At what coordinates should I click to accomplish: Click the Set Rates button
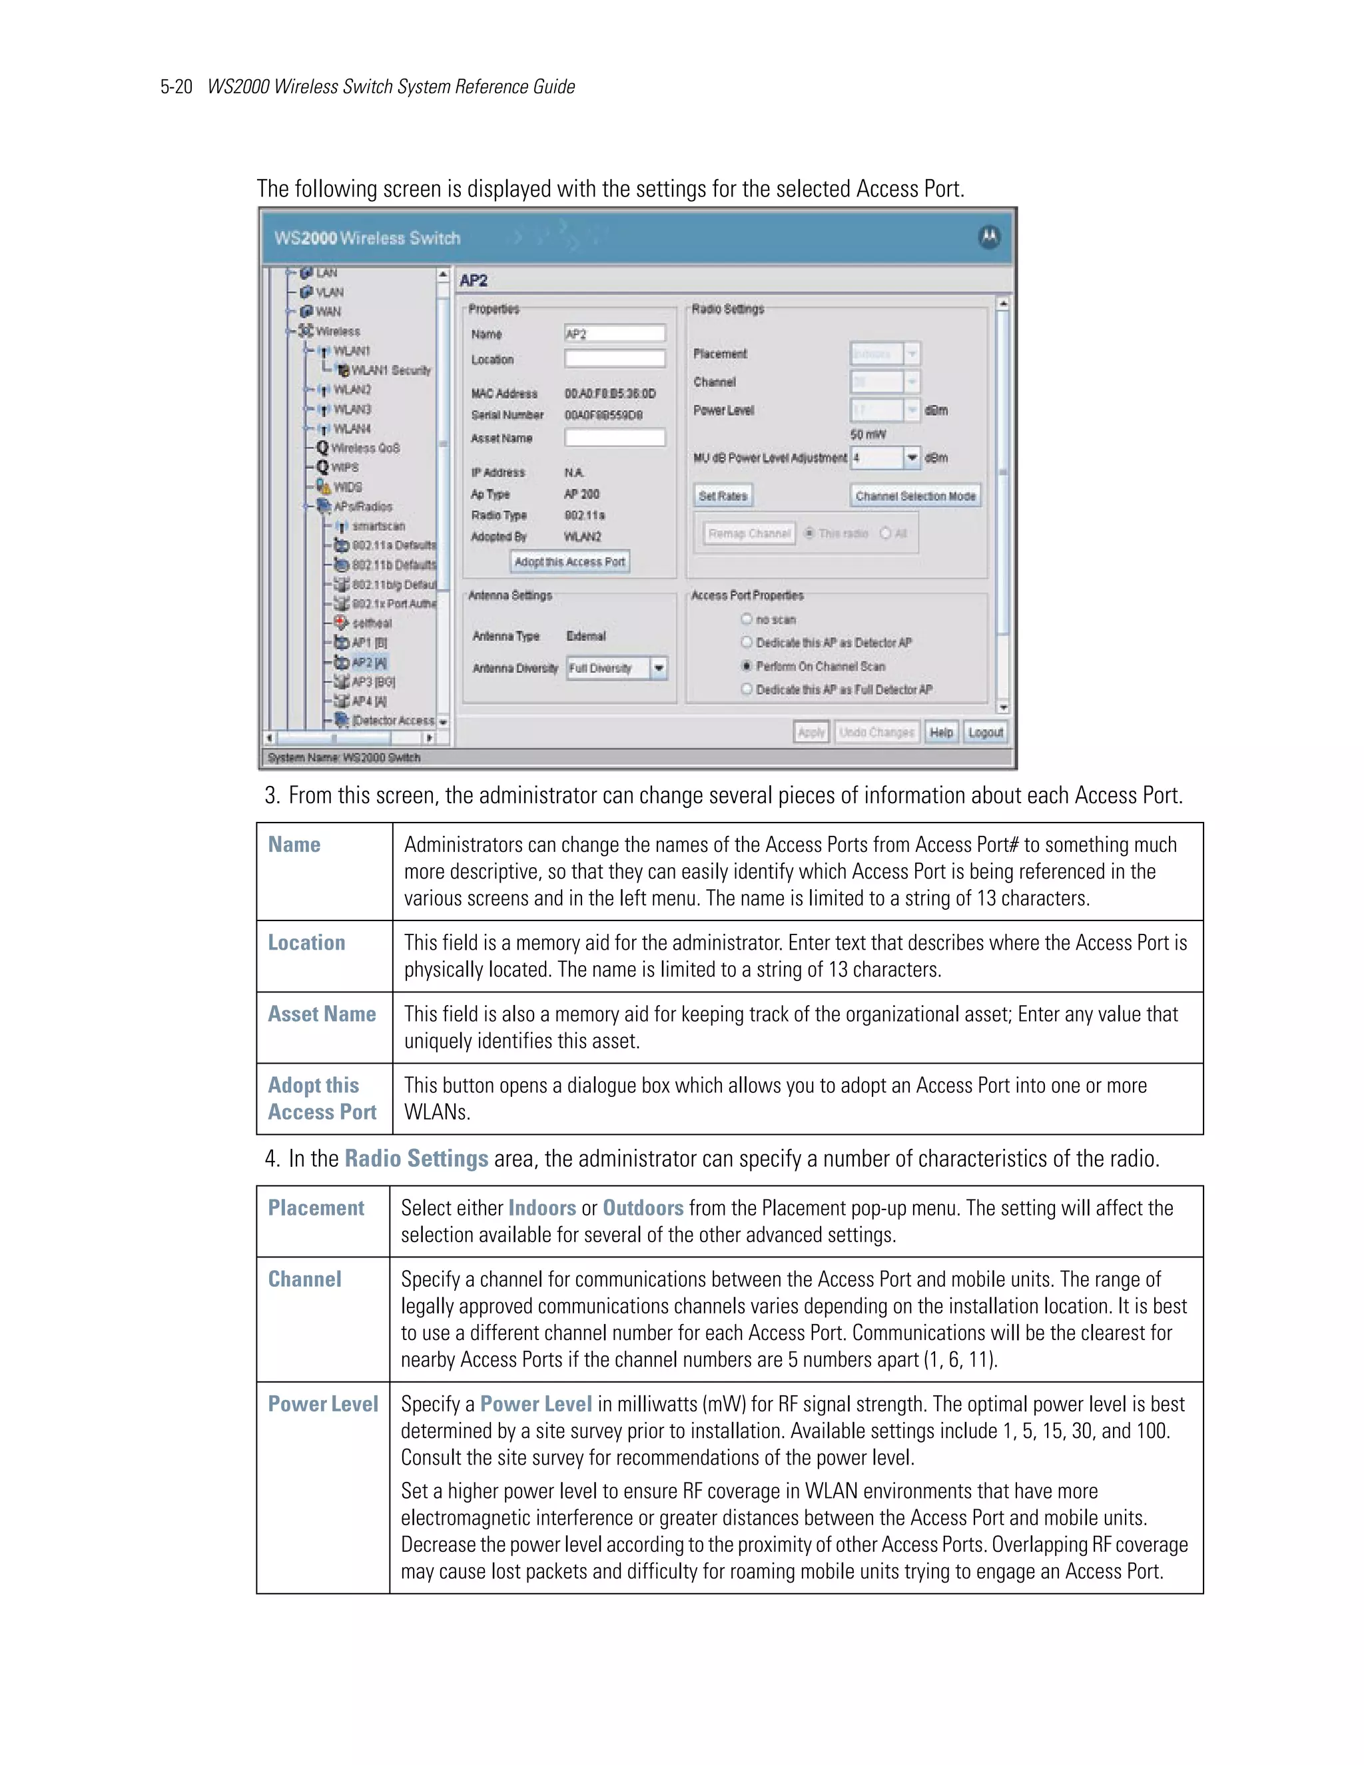723,496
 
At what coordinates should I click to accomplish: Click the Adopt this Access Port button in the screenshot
569,561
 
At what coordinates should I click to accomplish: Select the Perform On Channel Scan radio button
747,666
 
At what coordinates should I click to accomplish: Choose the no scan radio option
747,619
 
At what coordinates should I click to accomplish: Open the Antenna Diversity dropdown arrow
659,668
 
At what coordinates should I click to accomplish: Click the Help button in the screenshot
940,732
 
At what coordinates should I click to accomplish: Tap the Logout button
985,732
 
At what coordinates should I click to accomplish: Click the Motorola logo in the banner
989,237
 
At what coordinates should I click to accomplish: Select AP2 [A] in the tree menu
368,663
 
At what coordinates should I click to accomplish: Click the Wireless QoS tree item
364,448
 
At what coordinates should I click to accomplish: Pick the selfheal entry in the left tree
371,623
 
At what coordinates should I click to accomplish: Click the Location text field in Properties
615,359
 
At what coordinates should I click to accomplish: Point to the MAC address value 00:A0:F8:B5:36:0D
610,394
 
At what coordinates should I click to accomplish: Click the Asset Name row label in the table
322,1014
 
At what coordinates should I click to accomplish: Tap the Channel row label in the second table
304,1279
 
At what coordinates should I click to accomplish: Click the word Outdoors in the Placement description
643,1208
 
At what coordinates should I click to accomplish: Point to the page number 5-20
176,87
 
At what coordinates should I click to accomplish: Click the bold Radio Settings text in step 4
416,1159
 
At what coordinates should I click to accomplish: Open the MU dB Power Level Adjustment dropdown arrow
912,458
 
